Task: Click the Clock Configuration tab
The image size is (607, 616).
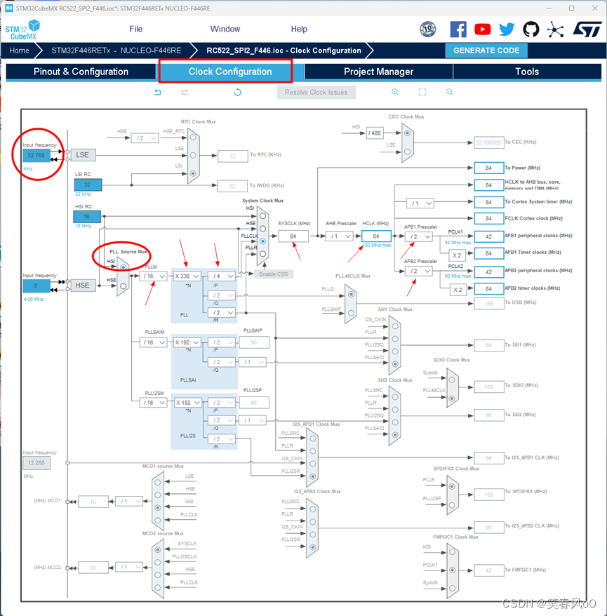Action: (229, 72)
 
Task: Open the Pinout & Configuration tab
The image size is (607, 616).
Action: (81, 72)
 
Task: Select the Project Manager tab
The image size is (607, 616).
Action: (378, 72)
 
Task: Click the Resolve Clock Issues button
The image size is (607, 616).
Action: (316, 92)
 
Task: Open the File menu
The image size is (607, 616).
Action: (136, 29)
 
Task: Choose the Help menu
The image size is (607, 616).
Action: (299, 29)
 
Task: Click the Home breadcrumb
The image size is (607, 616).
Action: (19, 51)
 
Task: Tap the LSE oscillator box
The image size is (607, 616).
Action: (83, 154)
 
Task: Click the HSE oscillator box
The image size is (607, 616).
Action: (83, 286)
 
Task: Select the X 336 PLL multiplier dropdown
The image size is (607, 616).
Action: (187, 276)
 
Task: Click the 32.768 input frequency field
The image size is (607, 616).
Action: (36, 155)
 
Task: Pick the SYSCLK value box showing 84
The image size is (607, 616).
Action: (293, 236)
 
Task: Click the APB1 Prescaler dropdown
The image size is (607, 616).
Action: (419, 236)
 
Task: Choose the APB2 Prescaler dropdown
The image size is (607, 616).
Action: (419, 271)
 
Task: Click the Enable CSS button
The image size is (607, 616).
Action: (274, 274)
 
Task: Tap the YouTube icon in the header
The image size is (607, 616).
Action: (483, 29)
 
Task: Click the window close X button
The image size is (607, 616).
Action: (592, 8)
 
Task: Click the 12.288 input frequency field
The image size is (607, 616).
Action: (36, 463)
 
